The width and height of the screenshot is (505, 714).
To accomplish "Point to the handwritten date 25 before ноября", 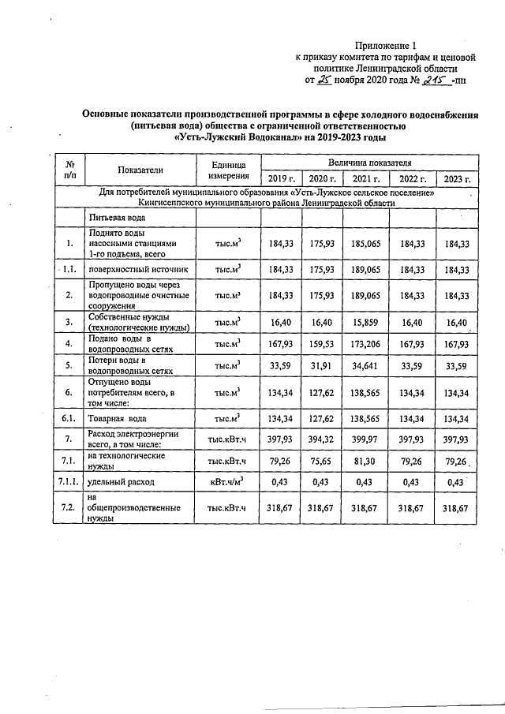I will point(325,80).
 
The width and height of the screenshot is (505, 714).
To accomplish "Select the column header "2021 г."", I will point(366,179).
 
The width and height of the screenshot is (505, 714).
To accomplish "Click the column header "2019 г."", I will point(282,179).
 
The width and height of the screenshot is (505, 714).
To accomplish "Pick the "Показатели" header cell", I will point(140,170).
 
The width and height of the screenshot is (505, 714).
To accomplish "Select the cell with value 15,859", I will point(366,322).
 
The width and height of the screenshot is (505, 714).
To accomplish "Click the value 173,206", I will point(366,344).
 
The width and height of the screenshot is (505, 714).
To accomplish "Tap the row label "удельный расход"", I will point(122,481).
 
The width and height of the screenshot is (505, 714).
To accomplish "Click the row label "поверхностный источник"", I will point(138,269).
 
